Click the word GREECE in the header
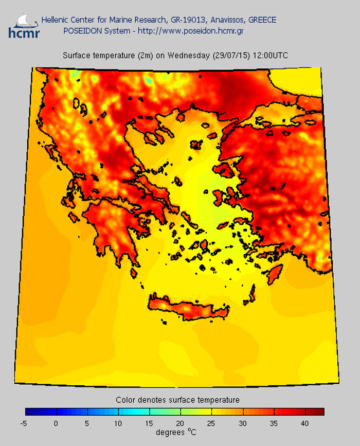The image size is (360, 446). pos(262,20)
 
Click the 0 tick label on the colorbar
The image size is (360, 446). pos(56,423)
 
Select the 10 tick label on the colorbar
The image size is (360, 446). pos(118,423)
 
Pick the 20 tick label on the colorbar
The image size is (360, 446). pos(180,423)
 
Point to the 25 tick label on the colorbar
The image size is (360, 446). pos(211,423)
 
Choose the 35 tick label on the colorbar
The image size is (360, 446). pos(274,423)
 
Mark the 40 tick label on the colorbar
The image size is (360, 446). pos(305,423)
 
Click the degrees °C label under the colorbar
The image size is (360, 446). pos(177,433)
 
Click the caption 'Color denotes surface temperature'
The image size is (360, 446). pos(177,400)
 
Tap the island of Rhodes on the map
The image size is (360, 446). pos(277,273)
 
